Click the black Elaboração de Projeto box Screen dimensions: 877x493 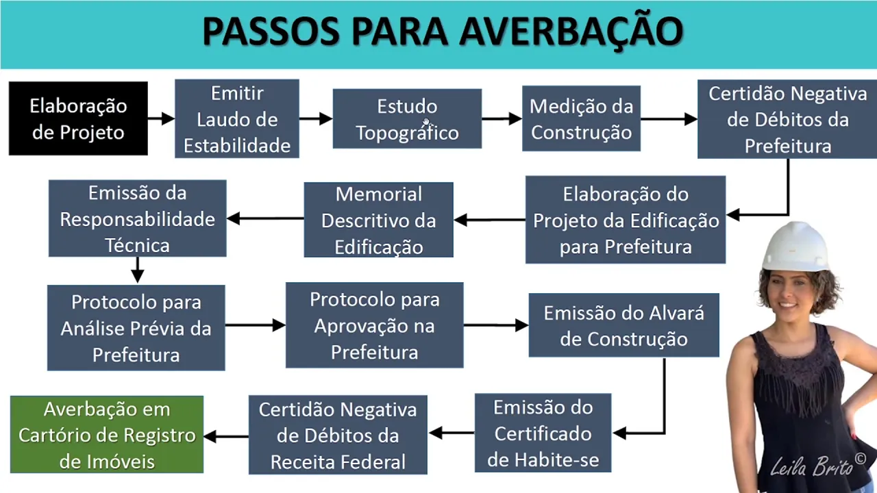78,118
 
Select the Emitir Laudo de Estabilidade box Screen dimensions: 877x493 236,119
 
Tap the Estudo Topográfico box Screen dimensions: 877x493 407,118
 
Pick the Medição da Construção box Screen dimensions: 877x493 581,118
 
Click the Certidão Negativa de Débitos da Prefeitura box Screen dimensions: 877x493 787,119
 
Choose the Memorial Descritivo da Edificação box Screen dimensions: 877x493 378,220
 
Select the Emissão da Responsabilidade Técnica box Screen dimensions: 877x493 137,218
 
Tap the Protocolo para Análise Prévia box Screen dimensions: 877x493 136,328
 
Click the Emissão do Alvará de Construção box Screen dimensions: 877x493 623,325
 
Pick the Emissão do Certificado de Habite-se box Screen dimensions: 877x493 543,433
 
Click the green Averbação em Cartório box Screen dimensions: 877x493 107,435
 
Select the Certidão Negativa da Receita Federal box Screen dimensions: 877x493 338,435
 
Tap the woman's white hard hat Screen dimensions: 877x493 795,246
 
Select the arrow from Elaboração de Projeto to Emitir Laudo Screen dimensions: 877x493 161,119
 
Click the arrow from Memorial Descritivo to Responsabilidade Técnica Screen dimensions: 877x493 265,218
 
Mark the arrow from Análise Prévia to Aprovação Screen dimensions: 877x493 255,325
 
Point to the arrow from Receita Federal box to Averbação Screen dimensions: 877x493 226,436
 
